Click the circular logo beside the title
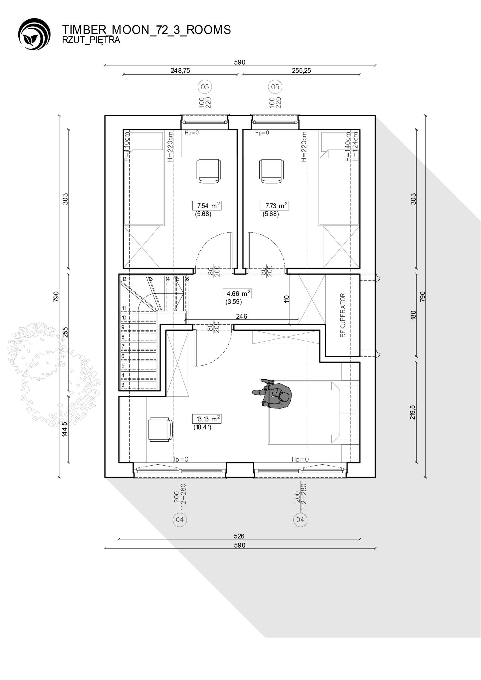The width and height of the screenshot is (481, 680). pyautogui.click(x=34, y=34)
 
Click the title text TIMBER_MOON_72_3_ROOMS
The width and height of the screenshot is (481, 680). pyautogui.click(x=146, y=30)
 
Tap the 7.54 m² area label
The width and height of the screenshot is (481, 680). pyautogui.click(x=207, y=206)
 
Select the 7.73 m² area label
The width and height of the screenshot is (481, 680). pyautogui.click(x=275, y=206)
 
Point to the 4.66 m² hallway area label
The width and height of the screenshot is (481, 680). pyautogui.click(x=237, y=294)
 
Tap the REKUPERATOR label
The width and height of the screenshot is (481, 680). pyautogui.click(x=343, y=315)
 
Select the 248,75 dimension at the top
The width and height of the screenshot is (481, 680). pyautogui.click(x=180, y=70)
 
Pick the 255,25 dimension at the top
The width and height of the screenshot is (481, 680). pyautogui.click(x=301, y=70)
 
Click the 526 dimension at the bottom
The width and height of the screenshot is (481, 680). pyautogui.click(x=239, y=536)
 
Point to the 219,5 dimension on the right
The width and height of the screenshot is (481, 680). pyautogui.click(x=413, y=412)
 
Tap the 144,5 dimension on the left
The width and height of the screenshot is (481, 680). pyautogui.click(x=65, y=429)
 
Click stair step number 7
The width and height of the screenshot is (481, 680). pyautogui.click(x=123, y=346)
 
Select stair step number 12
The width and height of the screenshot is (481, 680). pyautogui.click(x=124, y=279)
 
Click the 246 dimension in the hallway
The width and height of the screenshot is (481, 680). pyautogui.click(x=242, y=316)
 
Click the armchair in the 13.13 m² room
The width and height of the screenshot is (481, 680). pyautogui.click(x=160, y=430)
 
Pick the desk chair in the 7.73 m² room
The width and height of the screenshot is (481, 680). pyautogui.click(x=271, y=171)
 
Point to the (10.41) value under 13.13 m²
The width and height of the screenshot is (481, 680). pyautogui.click(x=202, y=427)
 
